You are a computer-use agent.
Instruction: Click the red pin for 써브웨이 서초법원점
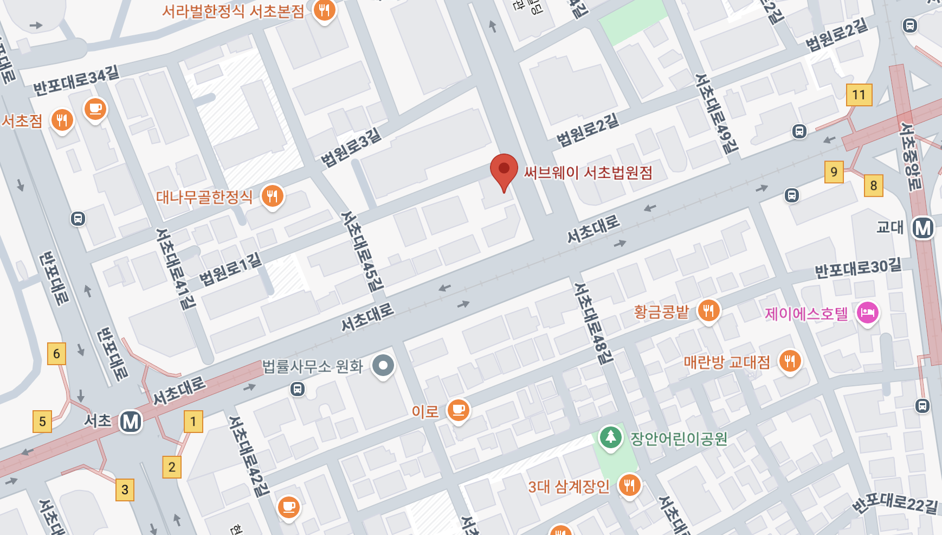coord(504,170)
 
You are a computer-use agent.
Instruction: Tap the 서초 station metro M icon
coord(131,422)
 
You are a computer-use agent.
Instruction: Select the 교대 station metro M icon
coord(922,228)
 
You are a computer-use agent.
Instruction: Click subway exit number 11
coord(859,95)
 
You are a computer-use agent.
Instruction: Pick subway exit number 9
coord(834,172)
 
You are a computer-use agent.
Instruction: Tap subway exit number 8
coord(873,186)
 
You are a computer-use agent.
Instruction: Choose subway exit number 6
coord(56,354)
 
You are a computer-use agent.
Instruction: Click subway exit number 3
coord(125,490)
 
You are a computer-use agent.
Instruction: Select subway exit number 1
coord(193,422)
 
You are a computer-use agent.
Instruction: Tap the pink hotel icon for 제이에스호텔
coord(867,313)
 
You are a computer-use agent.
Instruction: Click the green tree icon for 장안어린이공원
coord(610,437)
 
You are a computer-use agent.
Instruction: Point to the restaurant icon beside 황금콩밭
coord(708,311)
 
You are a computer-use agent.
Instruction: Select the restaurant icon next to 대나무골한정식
coord(272,196)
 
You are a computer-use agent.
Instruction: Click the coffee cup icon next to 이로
coord(458,410)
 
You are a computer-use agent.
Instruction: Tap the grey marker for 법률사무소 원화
coord(383,366)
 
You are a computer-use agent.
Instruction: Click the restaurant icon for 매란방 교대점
coord(790,361)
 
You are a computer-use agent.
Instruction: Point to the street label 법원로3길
coord(351,148)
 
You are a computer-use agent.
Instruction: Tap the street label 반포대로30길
coord(858,267)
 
